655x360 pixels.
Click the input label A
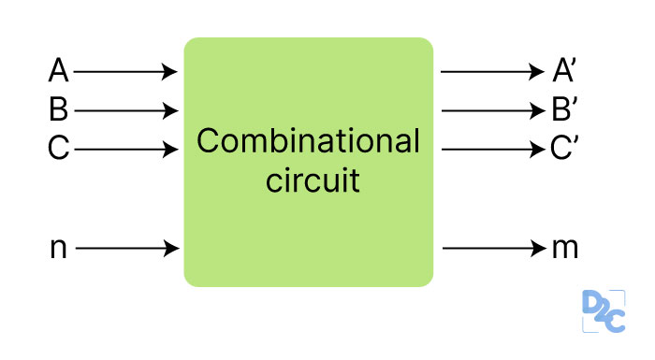pyautogui.click(x=58, y=71)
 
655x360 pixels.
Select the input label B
pyautogui.click(x=58, y=110)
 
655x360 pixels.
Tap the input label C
pyautogui.click(x=58, y=150)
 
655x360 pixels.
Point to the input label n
pyautogui.click(x=58, y=249)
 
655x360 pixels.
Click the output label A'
pyautogui.click(x=563, y=71)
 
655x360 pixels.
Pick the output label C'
pyautogui.click(x=563, y=150)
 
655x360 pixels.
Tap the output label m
pyautogui.click(x=564, y=249)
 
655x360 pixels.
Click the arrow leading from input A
pyautogui.click(x=125, y=71)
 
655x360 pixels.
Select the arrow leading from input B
pyautogui.click(x=125, y=111)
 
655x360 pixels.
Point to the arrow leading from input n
pyautogui.click(x=125, y=249)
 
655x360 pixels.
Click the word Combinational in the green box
pyautogui.click(x=308, y=142)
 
